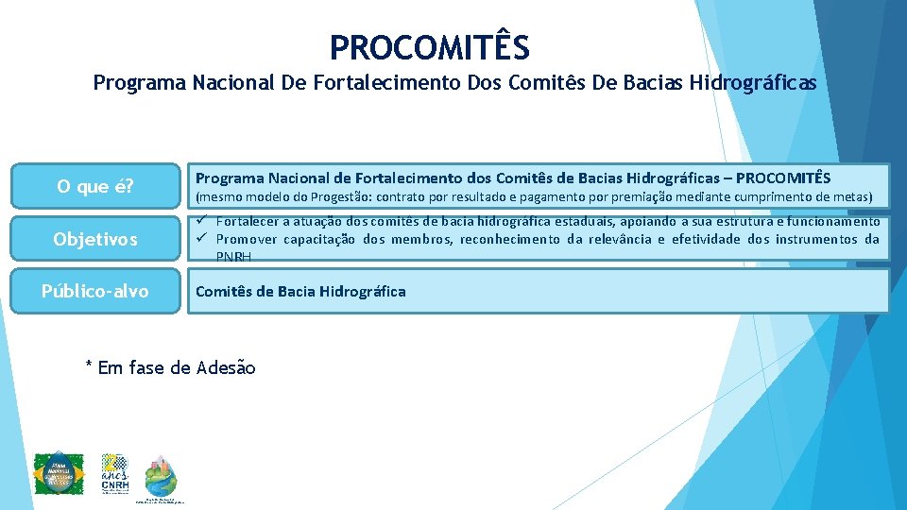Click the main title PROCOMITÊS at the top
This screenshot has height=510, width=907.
pos(430,46)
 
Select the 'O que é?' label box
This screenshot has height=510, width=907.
pos(94,186)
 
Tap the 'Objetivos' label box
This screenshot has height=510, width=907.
pos(94,239)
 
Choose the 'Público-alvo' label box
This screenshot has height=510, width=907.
pos(94,291)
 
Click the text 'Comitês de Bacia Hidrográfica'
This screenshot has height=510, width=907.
pos(300,291)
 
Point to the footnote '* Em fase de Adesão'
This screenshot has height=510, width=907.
pos(170,367)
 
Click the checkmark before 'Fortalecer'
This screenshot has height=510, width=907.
pos(200,221)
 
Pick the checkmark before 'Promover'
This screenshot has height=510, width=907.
pos(200,239)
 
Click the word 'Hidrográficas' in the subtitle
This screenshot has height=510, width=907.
pos(754,83)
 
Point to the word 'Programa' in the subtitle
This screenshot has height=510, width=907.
pos(139,83)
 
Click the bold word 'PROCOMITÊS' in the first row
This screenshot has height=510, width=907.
pos(783,178)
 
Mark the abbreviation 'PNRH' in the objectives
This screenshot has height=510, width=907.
pos(233,257)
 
